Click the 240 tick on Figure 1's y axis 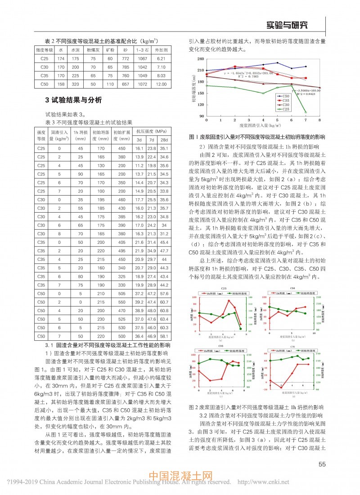tap(201, 59)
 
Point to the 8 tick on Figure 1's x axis tap(319, 121)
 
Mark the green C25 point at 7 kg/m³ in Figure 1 tap(306, 112)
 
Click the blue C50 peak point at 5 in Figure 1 tap(277, 63)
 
